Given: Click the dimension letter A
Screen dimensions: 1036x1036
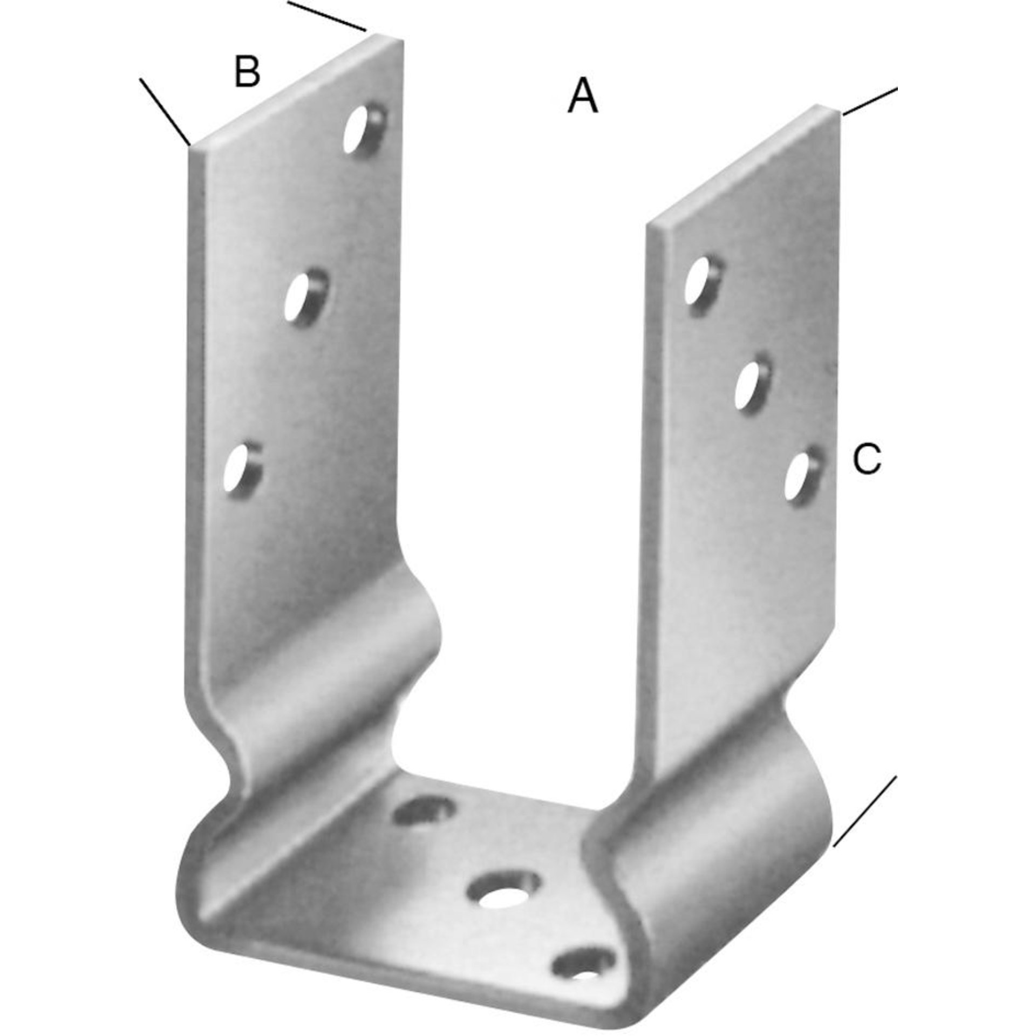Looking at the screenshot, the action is click(x=583, y=95).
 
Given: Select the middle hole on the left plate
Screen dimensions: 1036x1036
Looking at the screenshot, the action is click(x=306, y=298).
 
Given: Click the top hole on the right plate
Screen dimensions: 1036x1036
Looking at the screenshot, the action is click(x=703, y=286).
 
